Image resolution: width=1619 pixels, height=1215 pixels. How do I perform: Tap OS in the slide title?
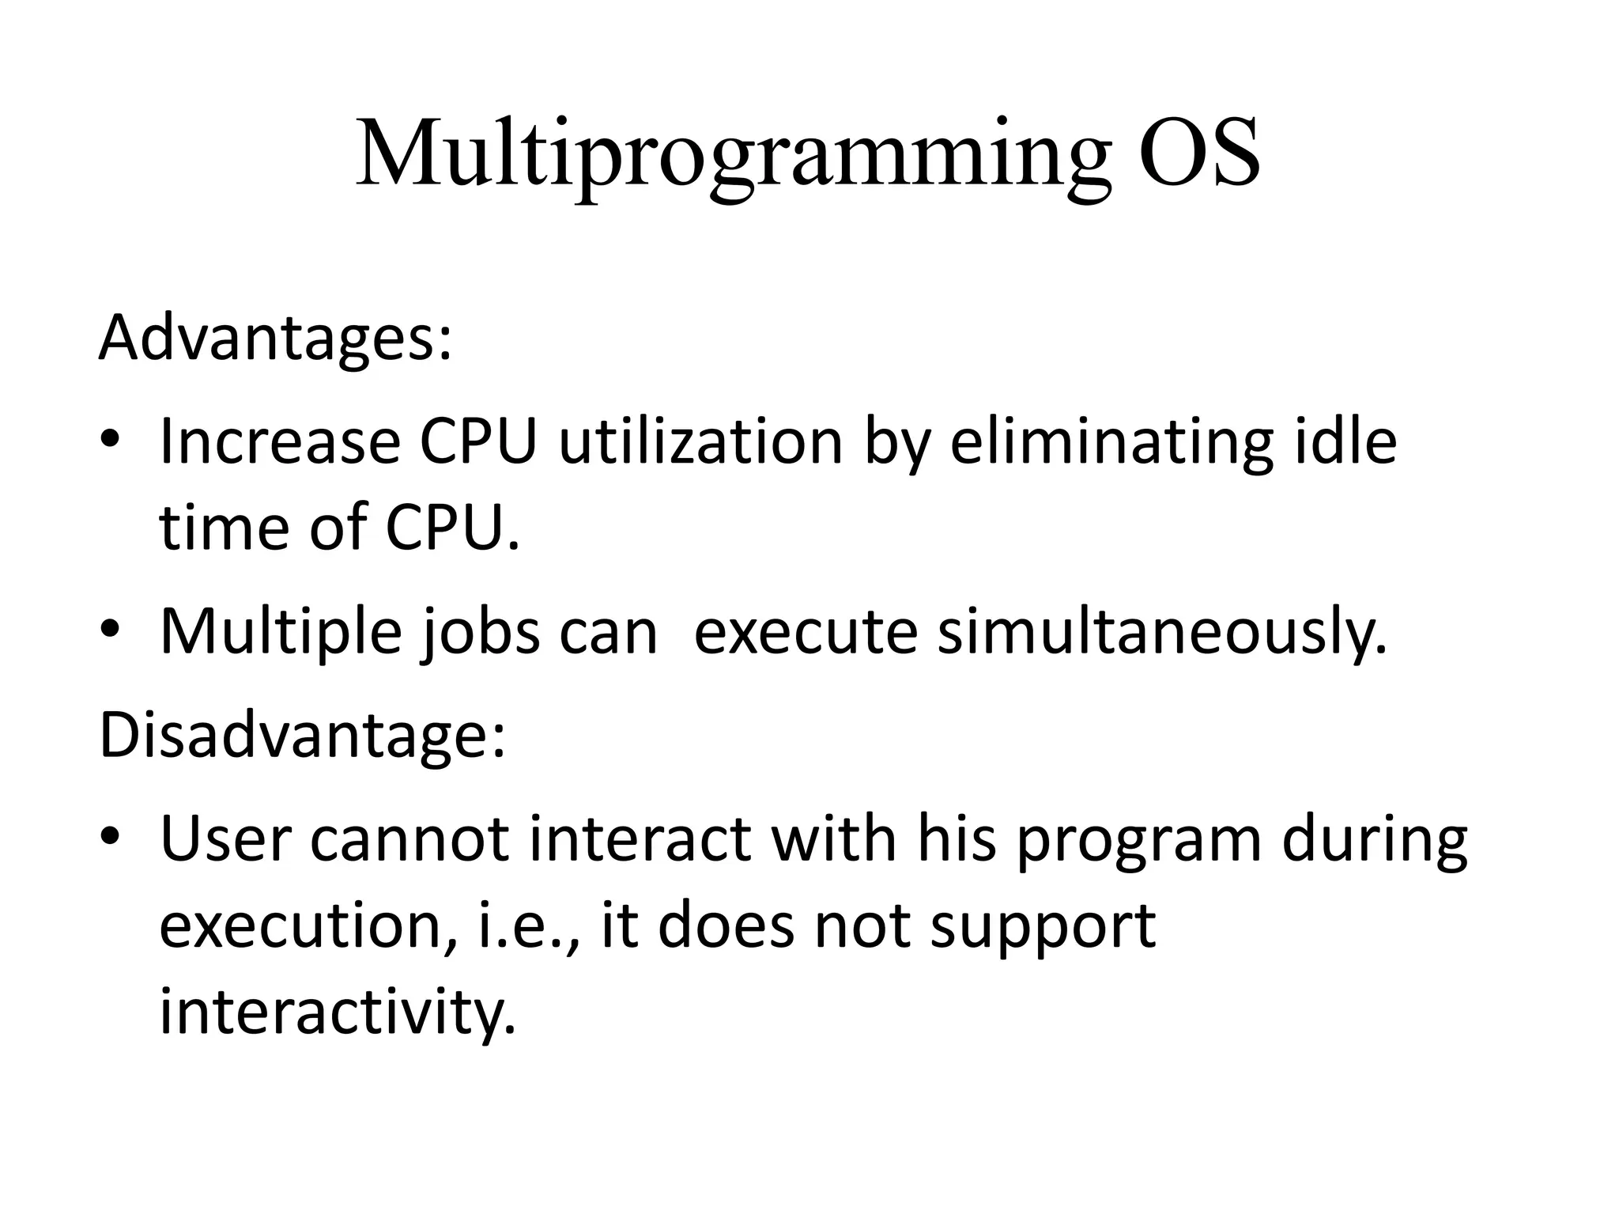pyautogui.click(x=1198, y=154)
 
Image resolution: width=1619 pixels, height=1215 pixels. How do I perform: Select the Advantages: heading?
pyautogui.click(x=275, y=338)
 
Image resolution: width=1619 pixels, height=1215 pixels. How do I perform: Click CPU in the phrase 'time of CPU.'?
pyautogui.click(x=453, y=528)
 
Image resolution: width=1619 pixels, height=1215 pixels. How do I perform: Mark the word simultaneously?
pyautogui.click(x=1162, y=633)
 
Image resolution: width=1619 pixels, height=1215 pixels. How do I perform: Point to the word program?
pyautogui.click(x=1138, y=842)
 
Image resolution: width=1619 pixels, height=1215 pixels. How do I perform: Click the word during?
pyautogui.click(x=1375, y=842)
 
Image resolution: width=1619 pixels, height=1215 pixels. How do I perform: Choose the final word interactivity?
pyautogui.click(x=338, y=1012)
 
